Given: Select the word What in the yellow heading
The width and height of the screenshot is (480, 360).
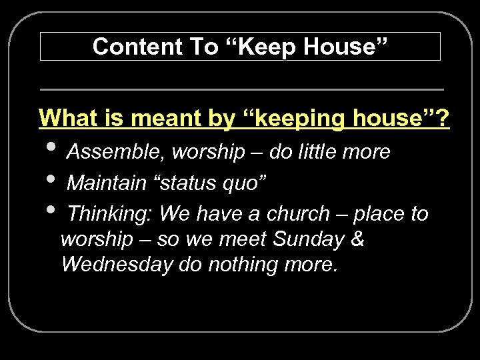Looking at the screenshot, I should click(x=65, y=119).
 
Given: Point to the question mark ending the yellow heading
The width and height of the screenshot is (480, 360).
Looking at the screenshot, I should click(x=443, y=119).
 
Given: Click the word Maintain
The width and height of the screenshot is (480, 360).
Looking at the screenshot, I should click(x=107, y=182).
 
